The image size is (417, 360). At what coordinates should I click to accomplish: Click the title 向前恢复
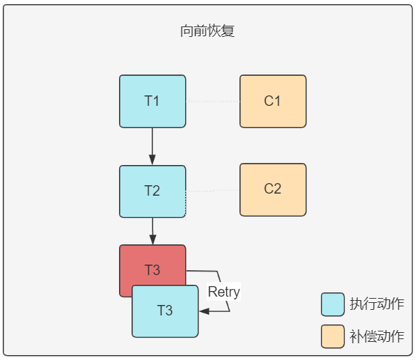(x=207, y=31)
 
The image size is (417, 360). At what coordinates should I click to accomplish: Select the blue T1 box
(x=152, y=102)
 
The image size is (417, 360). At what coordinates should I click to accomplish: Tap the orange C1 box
(x=273, y=102)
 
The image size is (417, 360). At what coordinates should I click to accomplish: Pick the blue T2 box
(x=152, y=191)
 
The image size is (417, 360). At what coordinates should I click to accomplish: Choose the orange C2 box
(x=273, y=189)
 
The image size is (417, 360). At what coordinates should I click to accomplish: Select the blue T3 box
(x=165, y=311)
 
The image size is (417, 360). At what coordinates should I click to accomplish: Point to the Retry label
(x=224, y=292)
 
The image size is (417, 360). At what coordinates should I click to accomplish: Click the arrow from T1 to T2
(x=152, y=147)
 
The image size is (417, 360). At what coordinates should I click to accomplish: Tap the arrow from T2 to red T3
(x=152, y=231)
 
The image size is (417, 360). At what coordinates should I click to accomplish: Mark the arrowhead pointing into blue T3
(x=204, y=311)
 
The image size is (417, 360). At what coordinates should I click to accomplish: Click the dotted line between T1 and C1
(x=213, y=102)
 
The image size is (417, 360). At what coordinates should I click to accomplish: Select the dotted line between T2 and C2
(x=213, y=191)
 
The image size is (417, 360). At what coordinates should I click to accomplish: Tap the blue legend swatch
(x=333, y=304)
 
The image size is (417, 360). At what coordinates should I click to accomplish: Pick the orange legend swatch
(x=333, y=336)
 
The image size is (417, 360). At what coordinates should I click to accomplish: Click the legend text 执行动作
(x=377, y=304)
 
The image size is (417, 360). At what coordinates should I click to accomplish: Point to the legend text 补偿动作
(x=377, y=336)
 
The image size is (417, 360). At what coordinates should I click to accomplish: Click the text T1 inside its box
(x=152, y=101)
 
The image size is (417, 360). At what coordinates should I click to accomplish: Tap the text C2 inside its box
(x=273, y=189)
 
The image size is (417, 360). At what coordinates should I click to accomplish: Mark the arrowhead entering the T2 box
(x=152, y=160)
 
